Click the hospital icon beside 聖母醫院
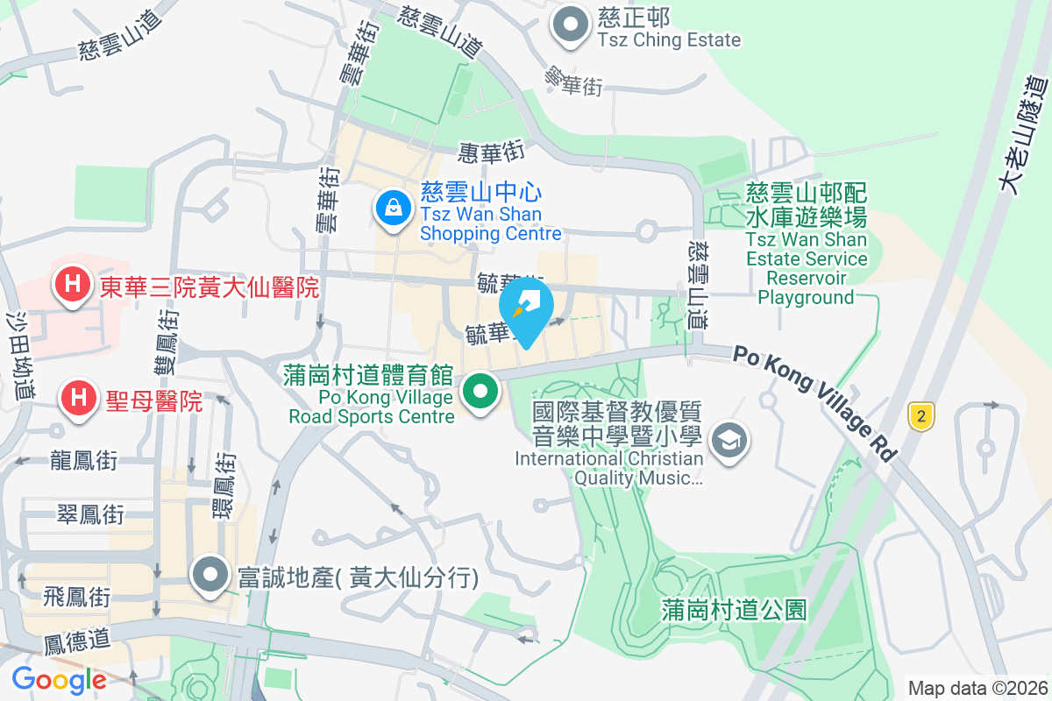(x=78, y=397)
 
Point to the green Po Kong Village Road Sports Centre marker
(x=479, y=391)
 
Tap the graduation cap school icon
(x=729, y=439)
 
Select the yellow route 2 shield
(x=920, y=416)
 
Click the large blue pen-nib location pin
(x=527, y=311)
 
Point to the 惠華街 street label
(x=491, y=152)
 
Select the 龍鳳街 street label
(x=84, y=460)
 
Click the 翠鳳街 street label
(x=90, y=513)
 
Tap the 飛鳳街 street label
(x=78, y=598)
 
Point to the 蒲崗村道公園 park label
(x=734, y=610)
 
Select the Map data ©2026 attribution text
(x=977, y=688)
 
